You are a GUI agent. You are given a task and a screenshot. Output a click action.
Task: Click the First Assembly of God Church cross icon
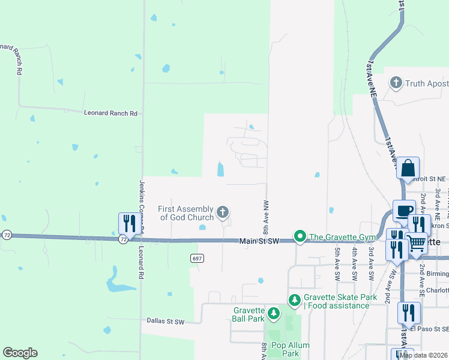click(223, 211)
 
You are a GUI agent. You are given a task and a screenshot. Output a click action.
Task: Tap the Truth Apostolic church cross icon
click(396, 82)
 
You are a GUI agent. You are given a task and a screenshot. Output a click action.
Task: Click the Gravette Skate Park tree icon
click(294, 299)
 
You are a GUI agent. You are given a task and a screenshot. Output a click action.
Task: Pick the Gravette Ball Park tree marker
click(273, 313)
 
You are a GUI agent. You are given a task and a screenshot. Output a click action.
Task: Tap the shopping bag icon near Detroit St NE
click(408, 167)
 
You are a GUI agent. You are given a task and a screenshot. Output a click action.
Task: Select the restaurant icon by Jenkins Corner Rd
click(129, 223)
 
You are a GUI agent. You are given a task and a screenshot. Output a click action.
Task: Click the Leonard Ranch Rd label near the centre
click(111, 113)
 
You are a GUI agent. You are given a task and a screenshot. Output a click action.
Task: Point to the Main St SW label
click(260, 241)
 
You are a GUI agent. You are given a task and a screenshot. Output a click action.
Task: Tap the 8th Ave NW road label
click(265, 218)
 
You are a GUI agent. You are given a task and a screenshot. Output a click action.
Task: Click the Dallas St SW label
click(166, 321)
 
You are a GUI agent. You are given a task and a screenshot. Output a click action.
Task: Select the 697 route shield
click(196, 258)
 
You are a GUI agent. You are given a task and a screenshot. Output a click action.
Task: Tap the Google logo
click(20, 353)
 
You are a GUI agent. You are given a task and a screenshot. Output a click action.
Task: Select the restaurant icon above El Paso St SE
click(408, 311)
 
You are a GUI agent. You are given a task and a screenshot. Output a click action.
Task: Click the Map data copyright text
click(424, 355)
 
